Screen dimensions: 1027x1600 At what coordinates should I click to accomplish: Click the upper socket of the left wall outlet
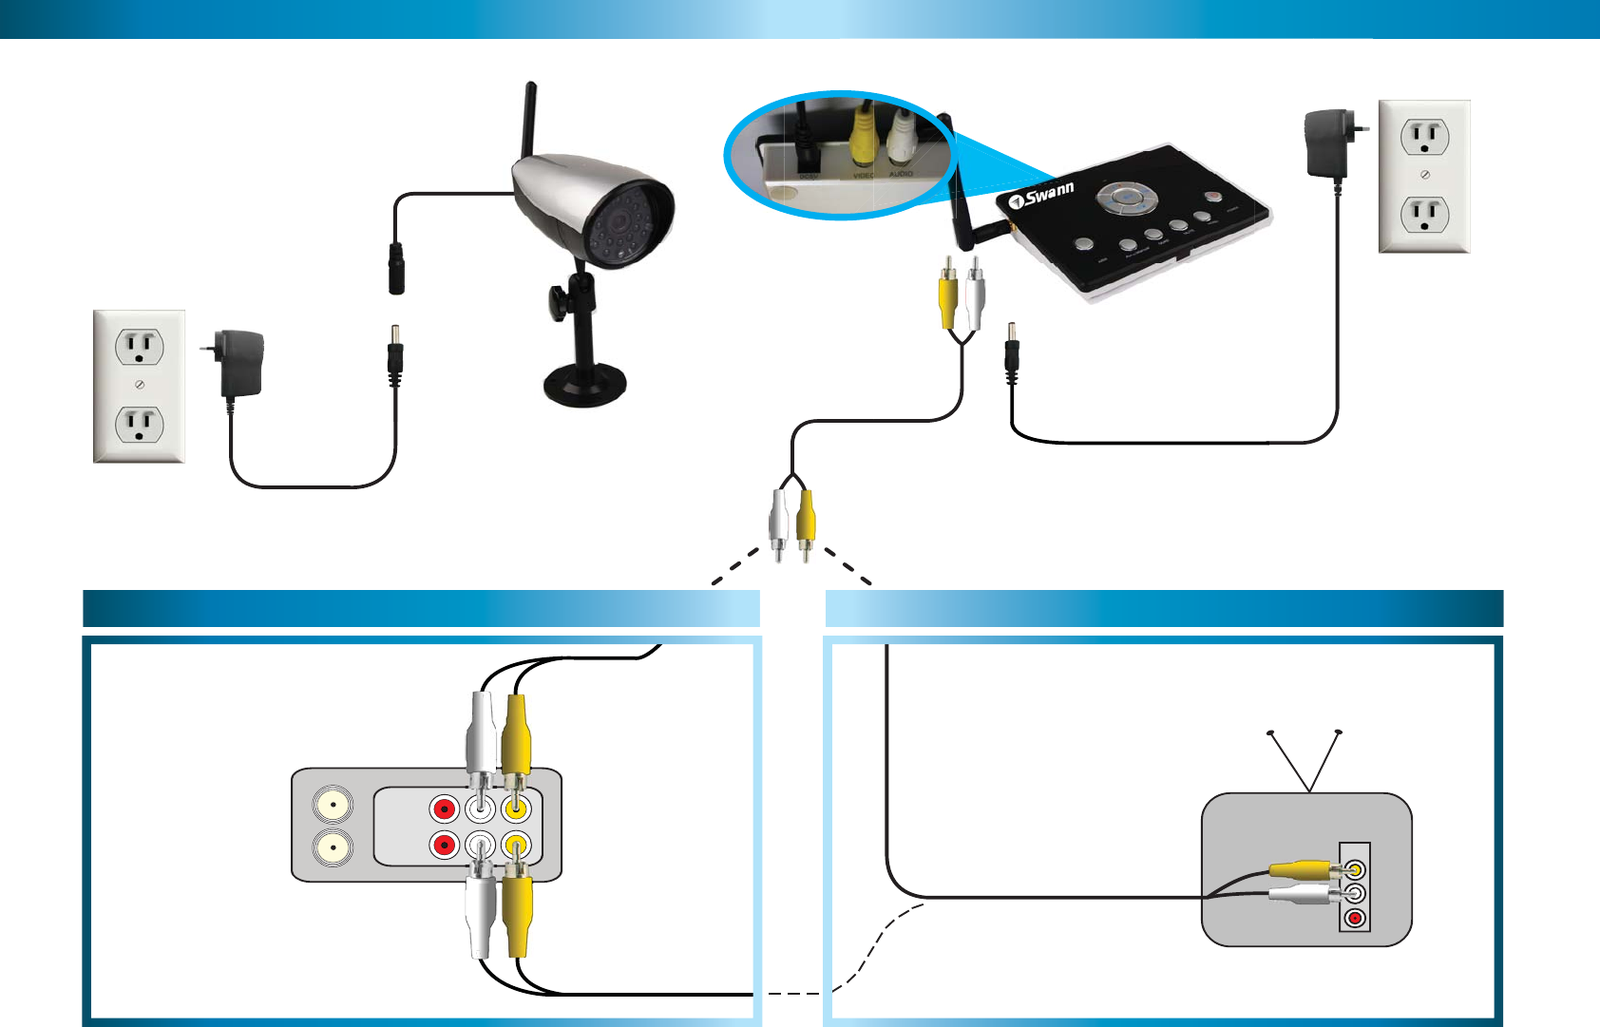(140, 347)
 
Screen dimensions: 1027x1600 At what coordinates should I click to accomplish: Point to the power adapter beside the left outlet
(239, 363)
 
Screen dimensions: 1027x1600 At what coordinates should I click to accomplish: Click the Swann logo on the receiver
(1042, 196)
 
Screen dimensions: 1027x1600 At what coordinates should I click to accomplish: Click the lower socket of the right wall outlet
(1424, 215)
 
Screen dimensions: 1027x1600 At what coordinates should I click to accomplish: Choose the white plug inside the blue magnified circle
(901, 136)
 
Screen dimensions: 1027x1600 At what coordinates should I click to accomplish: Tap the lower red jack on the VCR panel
(444, 845)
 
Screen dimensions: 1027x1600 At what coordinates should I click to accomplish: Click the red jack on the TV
(1355, 918)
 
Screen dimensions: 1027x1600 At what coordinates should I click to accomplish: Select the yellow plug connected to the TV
(1302, 868)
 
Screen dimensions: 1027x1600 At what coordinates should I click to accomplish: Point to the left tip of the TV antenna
(1270, 732)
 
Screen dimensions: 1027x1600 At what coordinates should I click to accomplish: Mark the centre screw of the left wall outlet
(140, 385)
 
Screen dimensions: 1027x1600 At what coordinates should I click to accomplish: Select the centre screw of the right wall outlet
(1424, 175)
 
